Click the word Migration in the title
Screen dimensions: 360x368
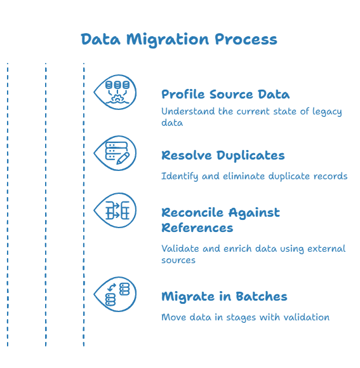[x=168, y=40]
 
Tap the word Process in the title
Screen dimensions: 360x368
[x=246, y=39]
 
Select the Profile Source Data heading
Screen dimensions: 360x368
[x=225, y=94]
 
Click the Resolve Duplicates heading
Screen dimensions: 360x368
[x=223, y=156]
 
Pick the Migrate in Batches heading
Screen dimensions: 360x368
[x=224, y=296]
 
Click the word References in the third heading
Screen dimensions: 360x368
[x=197, y=228]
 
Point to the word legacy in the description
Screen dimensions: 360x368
[x=327, y=112]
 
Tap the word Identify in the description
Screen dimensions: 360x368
[x=179, y=177]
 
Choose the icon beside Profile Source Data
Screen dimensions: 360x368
[x=115, y=92]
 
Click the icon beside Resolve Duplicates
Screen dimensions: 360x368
[x=115, y=153]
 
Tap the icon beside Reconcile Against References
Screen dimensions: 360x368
[x=115, y=210]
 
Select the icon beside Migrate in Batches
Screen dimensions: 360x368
[x=115, y=294]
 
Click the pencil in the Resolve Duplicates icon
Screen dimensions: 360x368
[x=123, y=158]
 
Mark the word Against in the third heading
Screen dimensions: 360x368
[x=254, y=213]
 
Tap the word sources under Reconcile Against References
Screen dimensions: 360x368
[x=178, y=261]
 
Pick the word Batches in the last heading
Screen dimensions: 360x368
[x=262, y=296]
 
